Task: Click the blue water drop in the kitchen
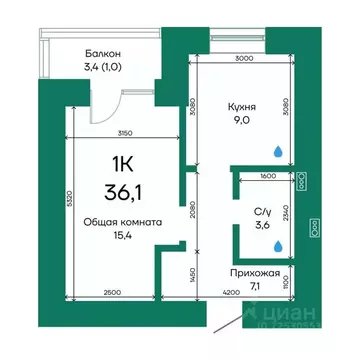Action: coord(276,149)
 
